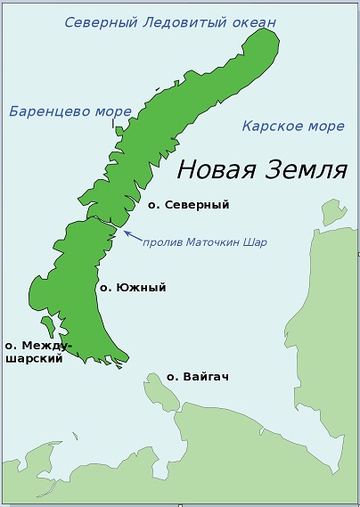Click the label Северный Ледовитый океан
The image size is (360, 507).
click(170, 21)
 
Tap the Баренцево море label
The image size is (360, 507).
click(70, 111)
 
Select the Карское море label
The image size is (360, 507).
click(293, 126)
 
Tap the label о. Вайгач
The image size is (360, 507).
click(198, 377)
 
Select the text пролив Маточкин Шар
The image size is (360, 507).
click(205, 241)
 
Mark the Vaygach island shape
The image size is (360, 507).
click(161, 390)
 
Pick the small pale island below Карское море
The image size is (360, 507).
click(333, 212)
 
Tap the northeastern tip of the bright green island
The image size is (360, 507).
click(265, 34)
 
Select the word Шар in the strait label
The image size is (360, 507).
click(255, 241)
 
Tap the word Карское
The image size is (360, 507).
click(271, 126)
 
